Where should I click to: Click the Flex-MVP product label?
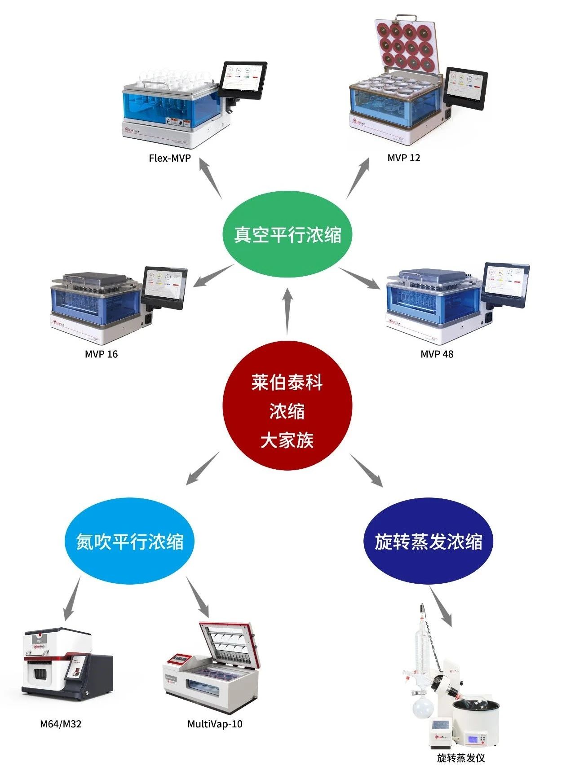tap(169, 158)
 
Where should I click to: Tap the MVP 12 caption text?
tap(403, 158)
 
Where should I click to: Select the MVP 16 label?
tap(101, 354)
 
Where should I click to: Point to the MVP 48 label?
tap(437, 354)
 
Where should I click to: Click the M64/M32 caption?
tap(61, 724)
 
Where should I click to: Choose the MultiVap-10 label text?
tap(215, 724)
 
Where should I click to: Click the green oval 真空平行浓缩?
tap(287, 234)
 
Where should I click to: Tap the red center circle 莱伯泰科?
tap(287, 406)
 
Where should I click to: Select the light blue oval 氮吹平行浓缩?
tap(130, 541)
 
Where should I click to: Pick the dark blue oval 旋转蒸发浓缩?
tap(428, 541)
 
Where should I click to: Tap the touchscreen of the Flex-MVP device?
tap(243, 78)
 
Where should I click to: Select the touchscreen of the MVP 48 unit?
tap(505, 285)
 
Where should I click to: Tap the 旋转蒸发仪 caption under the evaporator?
tap(461, 757)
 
